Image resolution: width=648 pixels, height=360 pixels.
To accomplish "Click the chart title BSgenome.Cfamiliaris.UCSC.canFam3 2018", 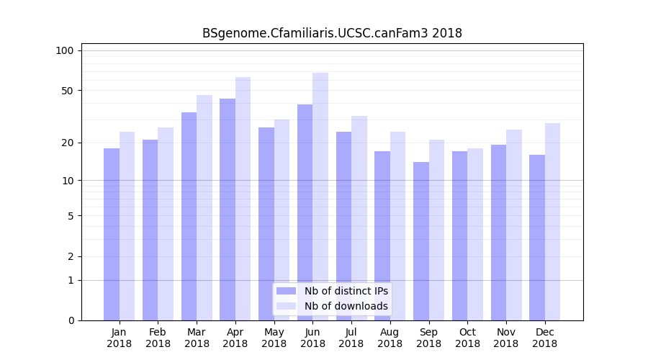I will tap(332, 33).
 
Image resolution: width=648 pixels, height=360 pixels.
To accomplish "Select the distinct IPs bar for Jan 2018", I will tap(112, 234).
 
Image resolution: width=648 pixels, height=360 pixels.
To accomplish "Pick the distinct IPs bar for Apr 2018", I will tap(228, 209).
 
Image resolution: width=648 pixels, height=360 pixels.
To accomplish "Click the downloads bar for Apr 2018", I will tap(243, 198).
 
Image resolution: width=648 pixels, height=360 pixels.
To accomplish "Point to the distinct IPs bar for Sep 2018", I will tap(421, 240).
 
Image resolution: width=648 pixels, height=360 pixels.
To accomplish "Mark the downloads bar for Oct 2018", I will tap(475, 234).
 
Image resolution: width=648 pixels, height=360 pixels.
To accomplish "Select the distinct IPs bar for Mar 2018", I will tap(189, 216).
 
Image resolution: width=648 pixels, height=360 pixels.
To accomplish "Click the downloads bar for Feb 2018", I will tap(166, 223).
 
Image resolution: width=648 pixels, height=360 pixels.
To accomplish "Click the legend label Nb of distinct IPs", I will tap(346, 291).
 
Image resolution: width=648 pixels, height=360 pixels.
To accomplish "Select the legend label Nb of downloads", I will tap(346, 306).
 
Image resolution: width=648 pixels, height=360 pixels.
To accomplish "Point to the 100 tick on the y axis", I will tap(65, 50).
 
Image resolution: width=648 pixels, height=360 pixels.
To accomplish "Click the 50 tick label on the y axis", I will tap(67, 91).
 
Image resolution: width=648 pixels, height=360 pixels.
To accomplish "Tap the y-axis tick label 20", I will tap(67, 143).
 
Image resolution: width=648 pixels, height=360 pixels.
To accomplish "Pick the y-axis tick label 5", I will tap(70, 215).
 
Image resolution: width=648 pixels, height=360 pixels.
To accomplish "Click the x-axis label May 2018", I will tap(274, 338).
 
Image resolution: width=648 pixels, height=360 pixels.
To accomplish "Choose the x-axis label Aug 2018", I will tap(390, 338).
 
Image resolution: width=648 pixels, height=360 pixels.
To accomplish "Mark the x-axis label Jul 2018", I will tap(351, 338).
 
